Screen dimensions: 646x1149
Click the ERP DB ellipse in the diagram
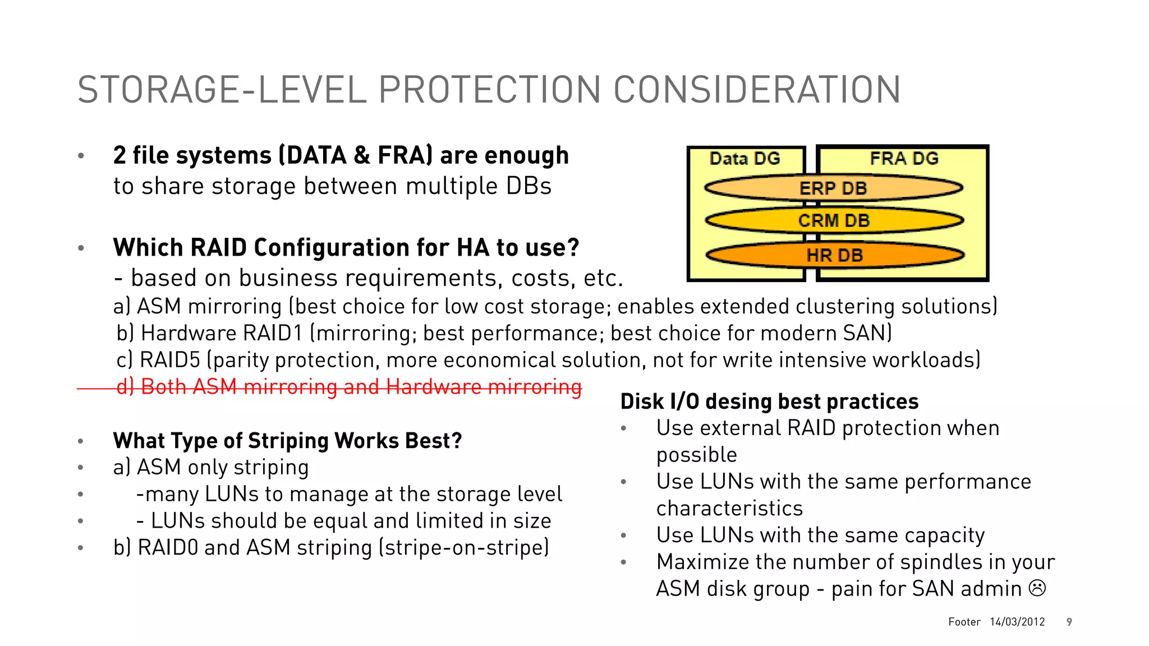pos(834,188)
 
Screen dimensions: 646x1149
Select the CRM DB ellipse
pos(834,220)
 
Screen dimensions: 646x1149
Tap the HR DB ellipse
pos(835,255)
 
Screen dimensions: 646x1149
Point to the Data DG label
pos(744,159)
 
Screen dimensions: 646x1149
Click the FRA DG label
pos(904,159)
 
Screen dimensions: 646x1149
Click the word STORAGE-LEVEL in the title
pos(222,90)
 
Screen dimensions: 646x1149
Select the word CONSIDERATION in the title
pos(757,90)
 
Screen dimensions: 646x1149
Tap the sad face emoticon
pos(1037,588)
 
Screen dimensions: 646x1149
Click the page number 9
pos(1069,622)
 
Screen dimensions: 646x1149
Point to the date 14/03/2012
pos(1017,622)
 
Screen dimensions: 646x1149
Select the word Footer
pos(964,622)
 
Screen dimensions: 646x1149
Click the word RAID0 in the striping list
pos(168,548)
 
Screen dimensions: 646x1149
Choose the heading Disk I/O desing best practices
pos(769,402)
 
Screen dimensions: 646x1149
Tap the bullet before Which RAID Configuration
pos(81,248)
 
